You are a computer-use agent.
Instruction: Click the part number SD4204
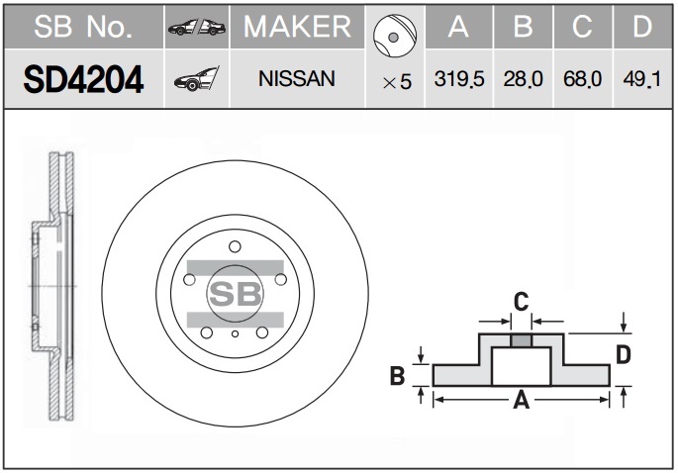[x=83, y=79]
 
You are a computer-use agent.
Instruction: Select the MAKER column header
[x=297, y=27]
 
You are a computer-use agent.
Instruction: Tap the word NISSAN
[x=297, y=79]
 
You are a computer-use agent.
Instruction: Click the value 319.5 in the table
[x=459, y=79]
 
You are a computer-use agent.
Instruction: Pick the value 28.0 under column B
[x=523, y=79]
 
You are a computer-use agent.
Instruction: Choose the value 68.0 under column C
[x=582, y=79]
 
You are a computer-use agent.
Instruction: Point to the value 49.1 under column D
[x=642, y=79]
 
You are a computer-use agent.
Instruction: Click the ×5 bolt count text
[x=397, y=82]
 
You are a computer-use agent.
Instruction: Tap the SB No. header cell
[x=83, y=27]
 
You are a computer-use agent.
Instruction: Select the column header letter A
[x=458, y=27]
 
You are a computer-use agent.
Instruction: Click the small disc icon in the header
[x=394, y=36]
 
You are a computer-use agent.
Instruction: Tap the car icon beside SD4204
[x=197, y=79]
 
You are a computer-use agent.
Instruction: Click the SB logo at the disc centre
[x=236, y=294]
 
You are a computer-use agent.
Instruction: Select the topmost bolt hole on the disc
[x=235, y=246]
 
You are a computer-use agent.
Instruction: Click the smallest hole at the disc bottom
[x=235, y=333]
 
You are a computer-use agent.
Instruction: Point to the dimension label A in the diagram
[x=521, y=400]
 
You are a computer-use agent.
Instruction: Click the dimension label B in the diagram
[x=397, y=375]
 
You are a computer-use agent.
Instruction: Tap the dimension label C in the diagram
[x=521, y=302]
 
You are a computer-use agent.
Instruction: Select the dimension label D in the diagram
[x=624, y=355]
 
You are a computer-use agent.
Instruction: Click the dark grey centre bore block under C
[x=521, y=340]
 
